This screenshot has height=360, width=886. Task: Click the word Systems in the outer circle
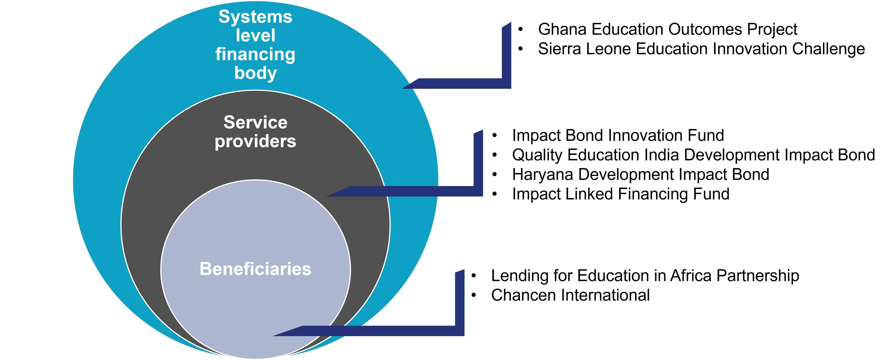click(255, 17)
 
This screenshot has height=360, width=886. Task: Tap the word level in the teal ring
click(255, 36)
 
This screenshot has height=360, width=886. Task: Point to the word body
click(255, 73)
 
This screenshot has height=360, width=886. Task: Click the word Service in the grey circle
click(255, 122)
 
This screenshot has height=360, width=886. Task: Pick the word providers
click(255, 141)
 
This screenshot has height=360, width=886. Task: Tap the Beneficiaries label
click(255, 269)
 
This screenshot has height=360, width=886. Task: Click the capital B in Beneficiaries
click(205, 269)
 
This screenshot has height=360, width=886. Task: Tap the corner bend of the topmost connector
click(506, 84)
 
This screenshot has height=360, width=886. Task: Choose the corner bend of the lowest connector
click(460, 331)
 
